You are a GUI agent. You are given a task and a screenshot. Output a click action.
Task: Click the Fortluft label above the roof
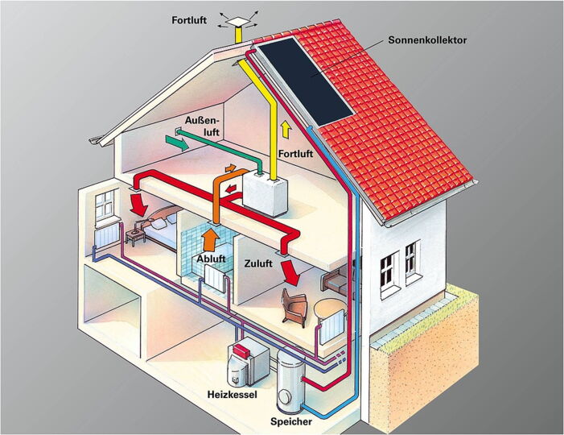coord(190,19)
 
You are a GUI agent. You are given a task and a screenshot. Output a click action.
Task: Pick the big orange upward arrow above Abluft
coord(210,238)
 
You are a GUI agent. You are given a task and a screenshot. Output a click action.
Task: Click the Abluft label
coord(212,259)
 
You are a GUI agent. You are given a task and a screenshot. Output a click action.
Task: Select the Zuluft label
coord(258,263)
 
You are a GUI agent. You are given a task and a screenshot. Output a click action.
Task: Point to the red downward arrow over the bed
coord(140,204)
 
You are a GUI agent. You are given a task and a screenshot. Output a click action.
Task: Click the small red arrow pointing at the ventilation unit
coord(232,192)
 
